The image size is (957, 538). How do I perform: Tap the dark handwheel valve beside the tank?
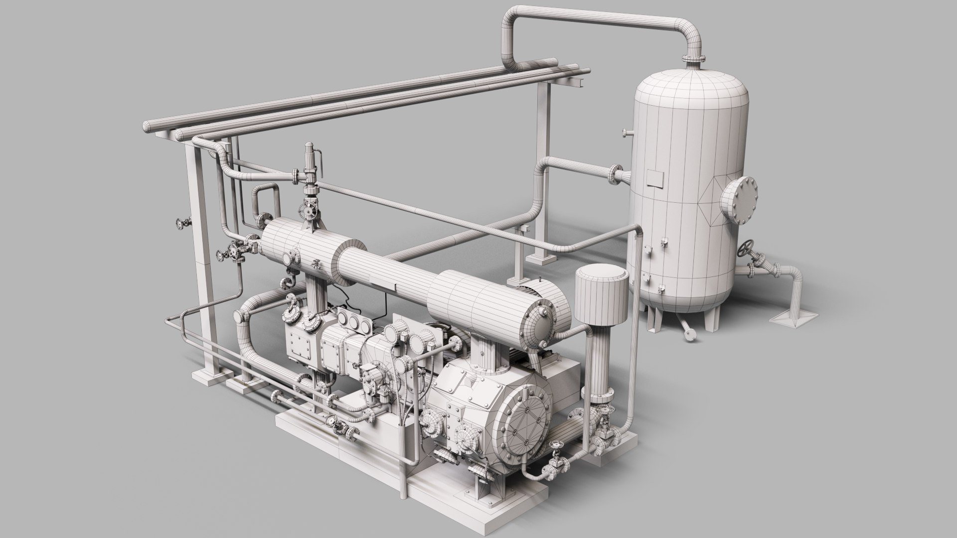click(746, 248)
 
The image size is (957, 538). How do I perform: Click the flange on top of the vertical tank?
click(693, 60)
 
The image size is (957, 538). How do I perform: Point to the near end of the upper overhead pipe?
click(148, 127)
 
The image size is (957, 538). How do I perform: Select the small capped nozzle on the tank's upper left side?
click(625, 133)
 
